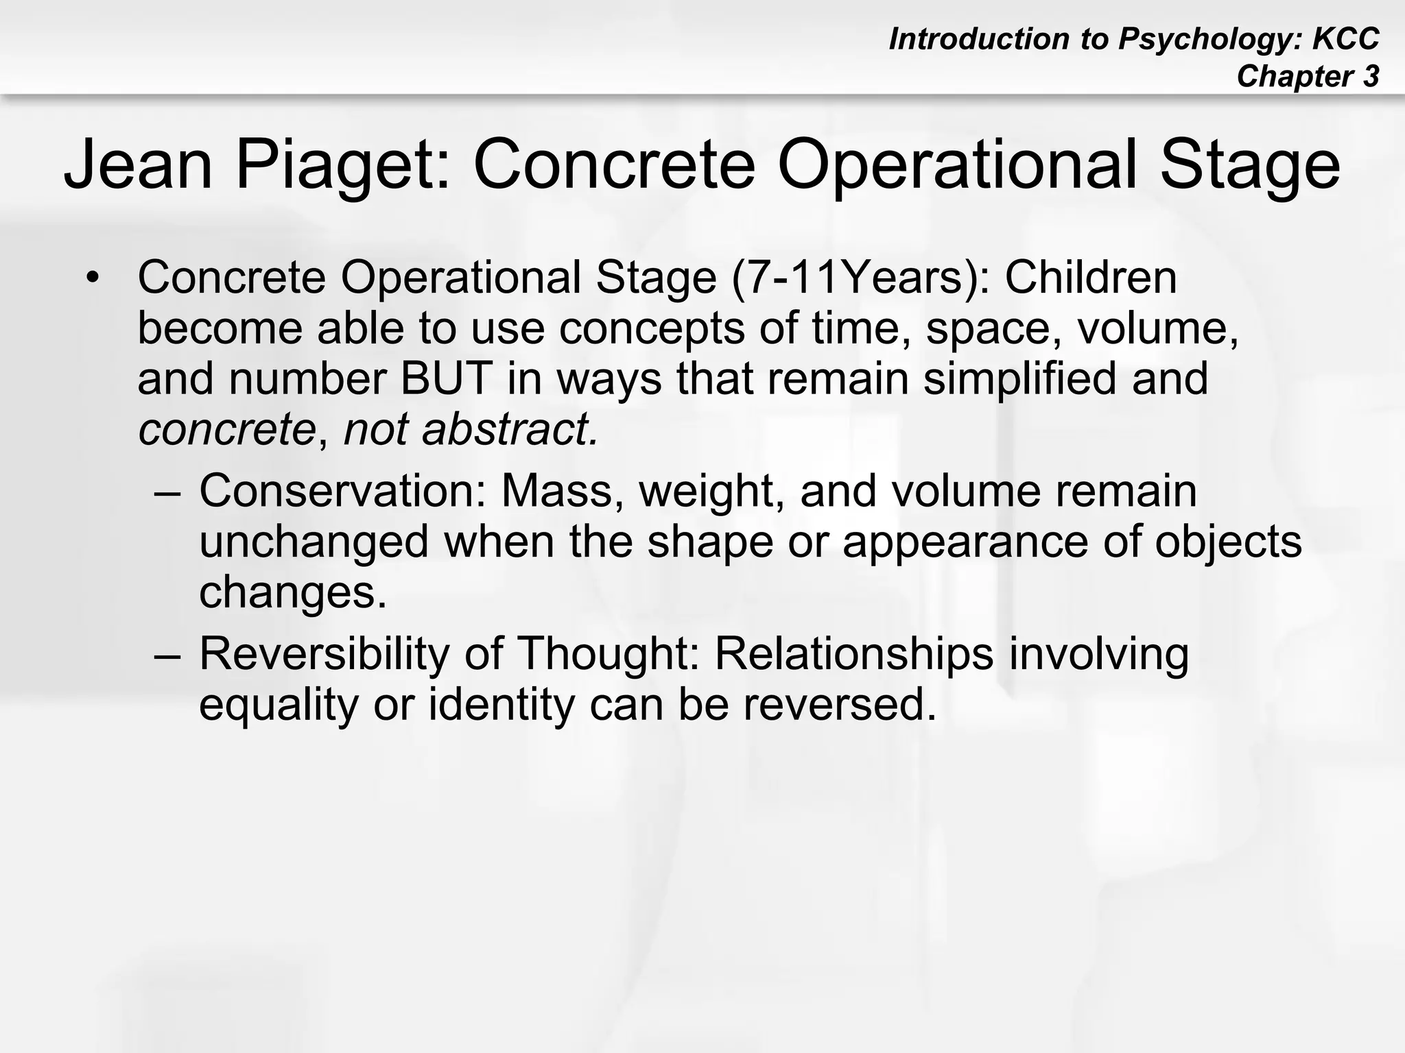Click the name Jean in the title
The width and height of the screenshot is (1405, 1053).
coord(138,165)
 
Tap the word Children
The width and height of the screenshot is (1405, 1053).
coord(1091,278)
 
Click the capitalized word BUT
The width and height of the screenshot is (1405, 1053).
coord(446,378)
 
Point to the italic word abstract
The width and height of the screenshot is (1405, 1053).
coord(509,429)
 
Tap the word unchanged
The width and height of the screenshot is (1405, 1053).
coord(314,542)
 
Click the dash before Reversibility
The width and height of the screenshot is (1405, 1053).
coord(168,655)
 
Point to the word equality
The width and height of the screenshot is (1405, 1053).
coord(279,705)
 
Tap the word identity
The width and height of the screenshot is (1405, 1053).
coord(501,705)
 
